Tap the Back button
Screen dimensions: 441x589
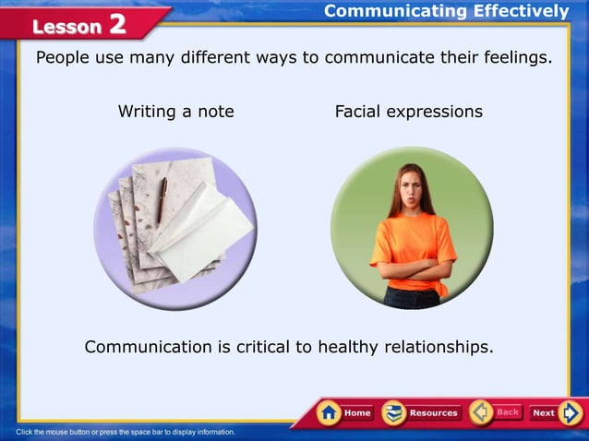[x=496, y=412]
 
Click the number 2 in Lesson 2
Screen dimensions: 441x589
[x=117, y=25]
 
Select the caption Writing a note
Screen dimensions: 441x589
[x=175, y=112]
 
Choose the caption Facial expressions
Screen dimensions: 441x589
[x=408, y=112]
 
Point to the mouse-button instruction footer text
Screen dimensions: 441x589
[x=126, y=432]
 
